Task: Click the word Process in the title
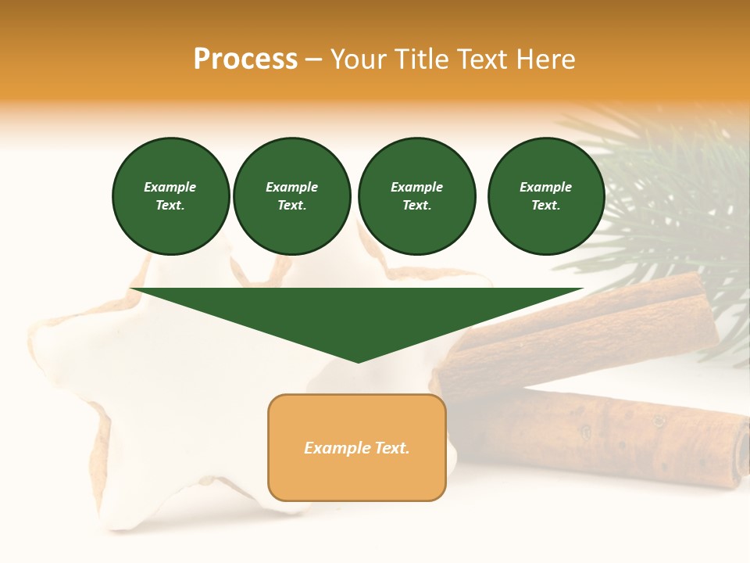tap(245, 59)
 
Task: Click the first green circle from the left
tap(170, 196)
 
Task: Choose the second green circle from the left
tap(291, 196)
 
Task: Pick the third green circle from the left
tap(416, 196)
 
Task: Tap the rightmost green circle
tap(546, 196)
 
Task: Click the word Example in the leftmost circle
tap(170, 187)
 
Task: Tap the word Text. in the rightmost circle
tap(546, 205)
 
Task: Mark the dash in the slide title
tap(314, 59)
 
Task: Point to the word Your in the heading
tap(358, 59)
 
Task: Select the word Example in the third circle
tap(416, 187)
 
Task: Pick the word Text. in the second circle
tap(291, 205)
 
